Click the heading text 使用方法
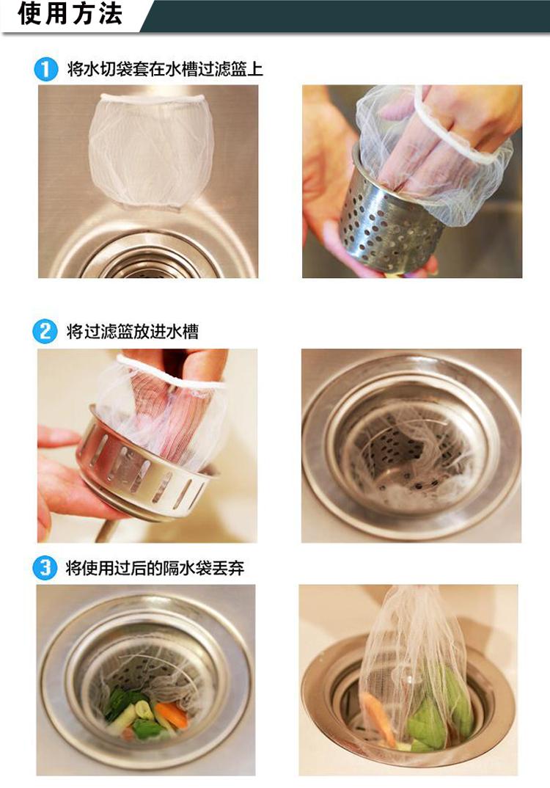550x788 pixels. pyautogui.click(x=70, y=13)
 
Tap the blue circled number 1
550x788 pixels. pyautogui.click(x=45, y=69)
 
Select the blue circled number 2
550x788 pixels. pyautogui.click(x=45, y=332)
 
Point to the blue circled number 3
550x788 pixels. pyautogui.click(x=45, y=569)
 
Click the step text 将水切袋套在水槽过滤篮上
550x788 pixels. pyautogui.click(x=165, y=69)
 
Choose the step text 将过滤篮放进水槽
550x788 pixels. pyautogui.click(x=133, y=332)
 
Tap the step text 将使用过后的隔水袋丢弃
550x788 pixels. pyautogui.click(x=155, y=569)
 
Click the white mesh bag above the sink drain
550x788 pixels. pyautogui.click(x=151, y=150)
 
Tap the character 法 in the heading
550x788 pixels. pyautogui.click(x=111, y=13)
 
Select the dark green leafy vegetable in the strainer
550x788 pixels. pyautogui.click(x=120, y=701)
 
